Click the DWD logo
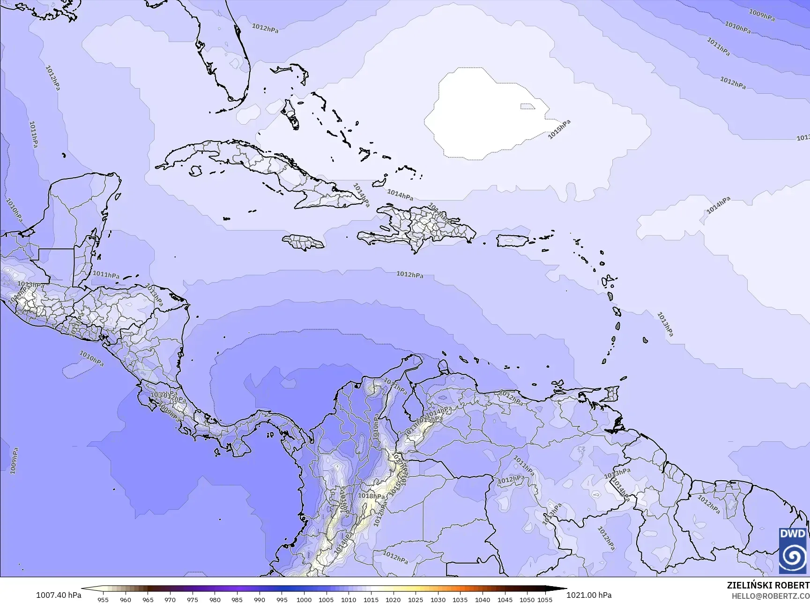tap(793, 550)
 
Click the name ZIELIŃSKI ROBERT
tap(768, 585)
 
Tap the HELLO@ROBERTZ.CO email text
tap(771, 596)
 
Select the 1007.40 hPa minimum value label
tap(59, 595)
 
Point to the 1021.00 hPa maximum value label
tap(589, 595)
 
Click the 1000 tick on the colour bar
tap(304, 599)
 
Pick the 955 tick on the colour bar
tap(103, 599)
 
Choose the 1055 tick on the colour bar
tap(545, 599)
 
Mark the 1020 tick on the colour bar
tap(393, 599)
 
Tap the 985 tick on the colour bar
tap(237, 599)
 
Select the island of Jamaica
tap(303, 242)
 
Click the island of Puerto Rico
tap(512, 241)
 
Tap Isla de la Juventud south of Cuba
tap(195, 171)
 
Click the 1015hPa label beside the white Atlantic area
tap(559, 129)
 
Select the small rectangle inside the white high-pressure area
tap(528, 106)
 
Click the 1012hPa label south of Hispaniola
tap(410, 275)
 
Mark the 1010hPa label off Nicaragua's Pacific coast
tap(91, 358)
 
